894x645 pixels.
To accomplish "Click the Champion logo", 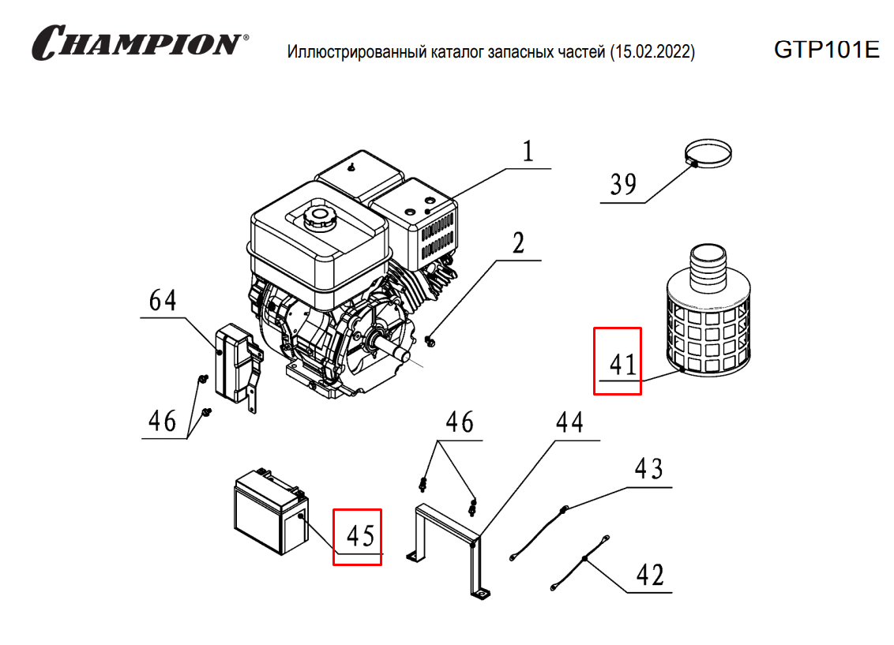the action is coord(141,42).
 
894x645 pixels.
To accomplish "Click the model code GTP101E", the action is coord(826,51).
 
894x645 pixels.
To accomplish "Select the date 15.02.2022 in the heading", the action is coord(652,52).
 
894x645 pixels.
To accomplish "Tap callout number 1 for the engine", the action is coord(528,152).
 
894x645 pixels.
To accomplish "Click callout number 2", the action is coord(518,243).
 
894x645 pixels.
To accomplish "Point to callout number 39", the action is coord(623,184).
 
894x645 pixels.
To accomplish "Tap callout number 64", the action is coord(163,300).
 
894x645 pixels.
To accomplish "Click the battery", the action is coord(272,511).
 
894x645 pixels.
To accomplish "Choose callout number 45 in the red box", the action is coord(360,536).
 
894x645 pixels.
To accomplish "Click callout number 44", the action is coord(569,423).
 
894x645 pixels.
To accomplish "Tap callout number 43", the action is coord(649,469).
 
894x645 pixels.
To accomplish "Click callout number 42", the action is coord(650,576).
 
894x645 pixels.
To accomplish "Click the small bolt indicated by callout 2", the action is coord(431,341).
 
